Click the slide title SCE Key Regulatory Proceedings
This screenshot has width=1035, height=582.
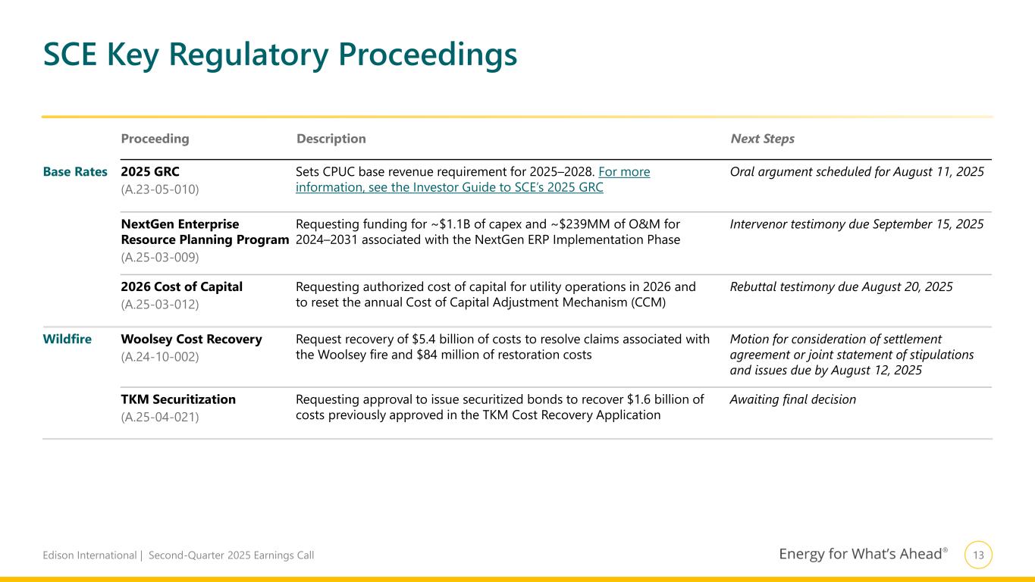(x=280, y=55)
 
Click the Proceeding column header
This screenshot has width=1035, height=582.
(x=155, y=139)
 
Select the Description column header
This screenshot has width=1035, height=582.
(x=331, y=139)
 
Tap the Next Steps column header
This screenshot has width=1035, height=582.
(x=762, y=139)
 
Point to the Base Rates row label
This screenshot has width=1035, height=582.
(x=75, y=172)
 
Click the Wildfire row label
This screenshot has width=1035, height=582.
(x=67, y=339)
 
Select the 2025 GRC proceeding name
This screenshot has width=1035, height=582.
(x=150, y=172)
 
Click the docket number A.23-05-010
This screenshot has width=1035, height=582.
(x=160, y=189)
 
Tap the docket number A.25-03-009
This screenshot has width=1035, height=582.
(x=160, y=257)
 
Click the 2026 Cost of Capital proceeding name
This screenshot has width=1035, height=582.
(x=181, y=287)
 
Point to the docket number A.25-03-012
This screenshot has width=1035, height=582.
(x=160, y=305)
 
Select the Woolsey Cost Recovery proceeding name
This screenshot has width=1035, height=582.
(x=191, y=339)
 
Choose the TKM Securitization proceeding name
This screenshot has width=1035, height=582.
(x=178, y=399)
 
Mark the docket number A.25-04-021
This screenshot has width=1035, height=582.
(x=160, y=417)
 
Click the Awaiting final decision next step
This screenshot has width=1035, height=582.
(x=792, y=399)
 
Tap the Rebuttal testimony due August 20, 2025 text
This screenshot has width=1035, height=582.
(x=841, y=287)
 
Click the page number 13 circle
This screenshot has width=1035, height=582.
(x=978, y=555)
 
